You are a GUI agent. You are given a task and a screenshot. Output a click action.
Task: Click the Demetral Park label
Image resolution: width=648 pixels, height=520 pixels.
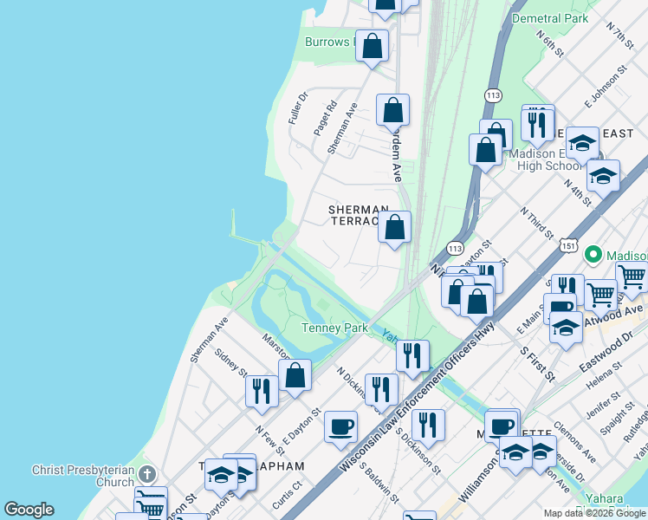(x=549, y=18)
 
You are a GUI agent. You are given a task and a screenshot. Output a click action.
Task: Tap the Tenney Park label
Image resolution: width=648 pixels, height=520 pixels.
(x=335, y=328)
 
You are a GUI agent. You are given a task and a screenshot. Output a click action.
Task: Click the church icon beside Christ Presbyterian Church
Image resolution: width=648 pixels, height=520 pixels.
(x=147, y=475)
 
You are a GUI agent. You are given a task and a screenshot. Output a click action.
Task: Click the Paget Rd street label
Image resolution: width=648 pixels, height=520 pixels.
(x=325, y=117)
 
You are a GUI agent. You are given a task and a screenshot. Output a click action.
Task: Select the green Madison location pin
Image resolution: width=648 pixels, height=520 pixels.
(x=593, y=256)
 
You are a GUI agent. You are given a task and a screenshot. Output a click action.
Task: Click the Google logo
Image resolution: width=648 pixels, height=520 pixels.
(x=29, y=510)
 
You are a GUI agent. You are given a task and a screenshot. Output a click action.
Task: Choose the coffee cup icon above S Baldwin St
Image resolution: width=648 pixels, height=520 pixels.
(x=340, y=426)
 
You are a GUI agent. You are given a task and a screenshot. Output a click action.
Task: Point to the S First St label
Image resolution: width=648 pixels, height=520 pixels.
(x=537, y=364)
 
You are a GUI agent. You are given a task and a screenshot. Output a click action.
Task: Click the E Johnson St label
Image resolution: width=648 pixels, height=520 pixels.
(x=605, y=88)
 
